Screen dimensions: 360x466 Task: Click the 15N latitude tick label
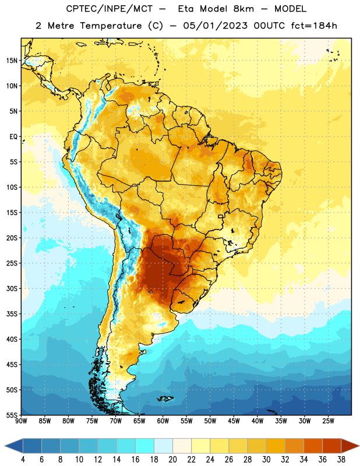click(x=12, y=61)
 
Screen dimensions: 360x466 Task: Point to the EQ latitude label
click(x=13, y=137)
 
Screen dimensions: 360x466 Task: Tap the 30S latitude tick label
click(x=12, y=288)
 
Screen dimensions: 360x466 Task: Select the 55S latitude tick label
click(x=12, y=415)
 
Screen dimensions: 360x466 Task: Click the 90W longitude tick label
click(x=21, y=421)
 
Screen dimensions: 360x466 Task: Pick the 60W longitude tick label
click(x=163, y=421)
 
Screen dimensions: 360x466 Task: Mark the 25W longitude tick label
click(x=328, y=421)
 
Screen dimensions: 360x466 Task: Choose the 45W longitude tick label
click(x=234, y=421)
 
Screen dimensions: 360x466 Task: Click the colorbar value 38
click(x=341, y=460)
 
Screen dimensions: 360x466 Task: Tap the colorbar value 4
click(x=23, y=460)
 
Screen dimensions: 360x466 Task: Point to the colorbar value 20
click(x=172, y=460)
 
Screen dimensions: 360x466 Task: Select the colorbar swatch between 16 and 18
click(x=145, y=446)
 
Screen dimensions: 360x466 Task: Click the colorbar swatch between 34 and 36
click(x=313, y=446)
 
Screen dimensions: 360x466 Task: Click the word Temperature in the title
click(x=111, y=26)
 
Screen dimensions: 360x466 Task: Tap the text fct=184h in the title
click(x=314, y=26)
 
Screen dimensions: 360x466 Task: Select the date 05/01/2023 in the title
click(x=215, y=26)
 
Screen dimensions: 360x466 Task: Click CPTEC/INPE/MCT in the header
click(x=110, y=9)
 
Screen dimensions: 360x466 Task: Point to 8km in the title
click(x=243, y=9)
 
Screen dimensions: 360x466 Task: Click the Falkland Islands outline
click(x=165, y=398)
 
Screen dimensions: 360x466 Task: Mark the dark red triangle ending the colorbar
click(x=350, y=446)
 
